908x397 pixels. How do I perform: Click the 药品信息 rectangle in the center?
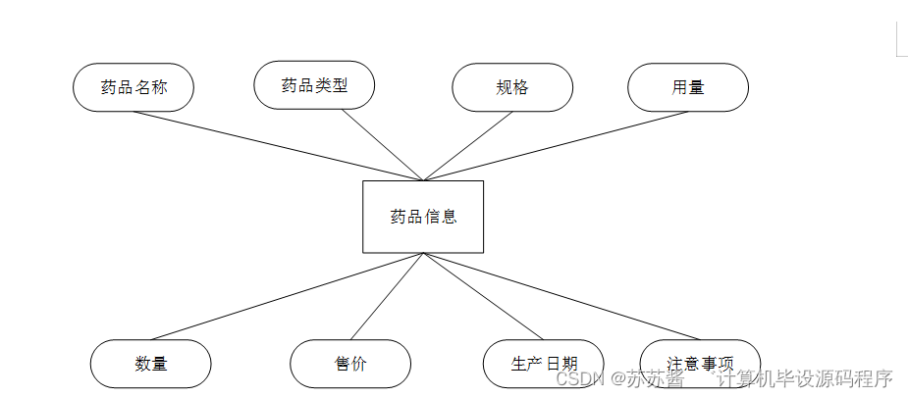[x=423, y=217]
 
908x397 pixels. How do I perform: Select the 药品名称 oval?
[x=134, y=87]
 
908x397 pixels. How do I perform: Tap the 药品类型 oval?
[x=314, y=85]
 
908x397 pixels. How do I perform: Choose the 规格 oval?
[x=512, y=87]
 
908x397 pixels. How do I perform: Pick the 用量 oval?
[x=688, y=87]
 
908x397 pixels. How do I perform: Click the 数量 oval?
[x=151, y=364]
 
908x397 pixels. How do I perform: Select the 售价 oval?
[x=350, y=364]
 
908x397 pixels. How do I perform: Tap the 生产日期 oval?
[x=543, y=364]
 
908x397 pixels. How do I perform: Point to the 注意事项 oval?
[x=700, y=364]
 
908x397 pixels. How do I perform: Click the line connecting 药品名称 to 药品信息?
[x=278, y=146]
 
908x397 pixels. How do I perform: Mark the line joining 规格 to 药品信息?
[x=468, y=146]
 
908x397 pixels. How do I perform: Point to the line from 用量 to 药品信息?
[x=556, y=146]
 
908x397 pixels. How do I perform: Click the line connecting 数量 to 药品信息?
[x=287, y=295]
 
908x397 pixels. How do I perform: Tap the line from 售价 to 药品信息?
[x=387, y=296]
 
